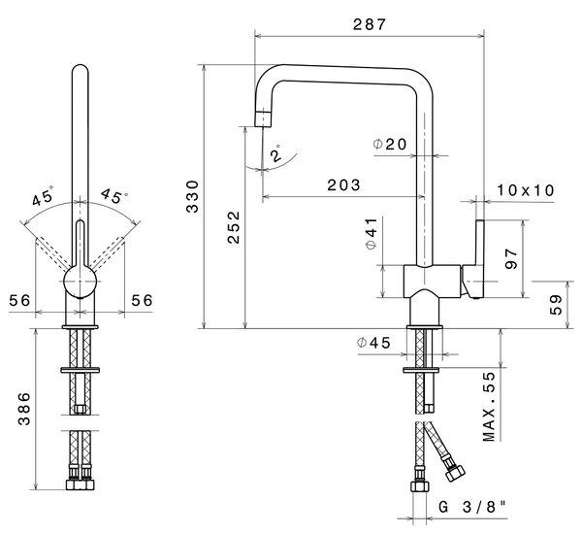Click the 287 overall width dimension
[x=370, y=24]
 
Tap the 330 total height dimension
[x=193, y=196]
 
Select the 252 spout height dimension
[x=234, y=227]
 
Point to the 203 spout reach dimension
[x=343, y=184]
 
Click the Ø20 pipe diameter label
[x=390, y=144]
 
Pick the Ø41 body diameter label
[x=372, y=234]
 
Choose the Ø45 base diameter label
[x=373, y=343]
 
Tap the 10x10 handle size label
[x=525, y=190]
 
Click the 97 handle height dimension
[x=511, y=259]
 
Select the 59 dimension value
[x=556, y=305]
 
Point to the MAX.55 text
[x=489, y=407]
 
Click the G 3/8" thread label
[x=472, y=507]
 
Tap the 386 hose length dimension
[x=24, y=408]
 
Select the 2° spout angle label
[x=276, y=153]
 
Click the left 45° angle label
[x=43, y=196]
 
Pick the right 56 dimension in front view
[x=142, y=300]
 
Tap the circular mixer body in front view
[x=81, y=282]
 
